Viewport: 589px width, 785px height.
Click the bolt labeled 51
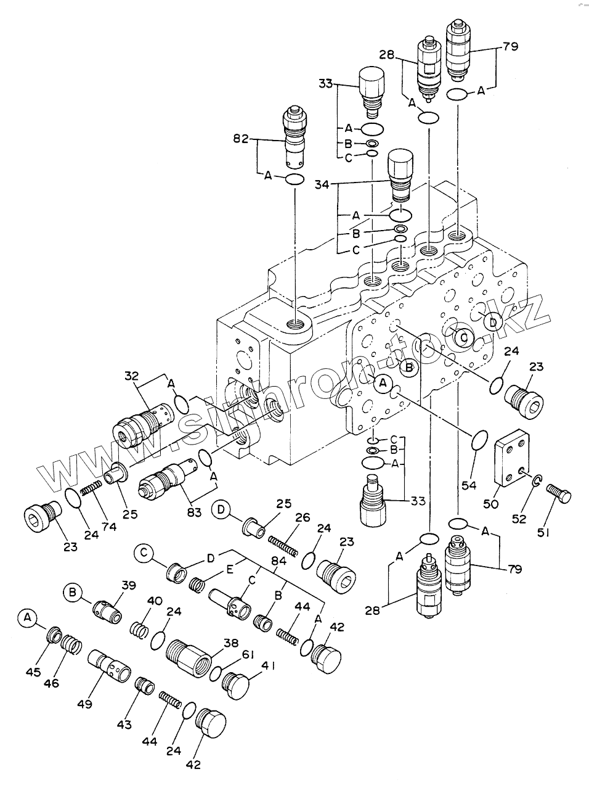[558, 494]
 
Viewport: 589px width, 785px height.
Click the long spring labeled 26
[284, 544]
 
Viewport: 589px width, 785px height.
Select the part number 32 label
[131, 376]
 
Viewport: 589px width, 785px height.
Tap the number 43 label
[124, 725]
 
